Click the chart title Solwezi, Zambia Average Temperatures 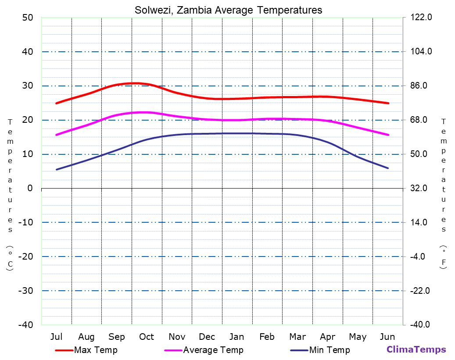pyautogui.click(x=228, y=10)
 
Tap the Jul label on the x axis pyautogui.click(x=56, y=337)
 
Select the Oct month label pyautogui.click(x=147, y=337)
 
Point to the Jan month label pyautogui.click(x=237, y=337)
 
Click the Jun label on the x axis pyautogui.click(x=387, y=337)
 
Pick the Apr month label pyautogui.click(x=327, y=337)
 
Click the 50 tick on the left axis pyautogui.click(x=27, y=18)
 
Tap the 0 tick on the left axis pyautogui.click(x=30, y=188)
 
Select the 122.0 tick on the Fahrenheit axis pyautogui.click(x=421, y=18)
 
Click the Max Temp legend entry pyautogui.click(x=96, y=350)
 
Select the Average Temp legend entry pyautogui.click(x=213, y=350)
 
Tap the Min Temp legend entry pyautogui.click(x=329, y=350)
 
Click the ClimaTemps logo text pyautogui.click(x=416, y=349)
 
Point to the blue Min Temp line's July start pyautogui.click(x=57, y=169)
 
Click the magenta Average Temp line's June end pyautogui.click(x=388, y=135)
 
